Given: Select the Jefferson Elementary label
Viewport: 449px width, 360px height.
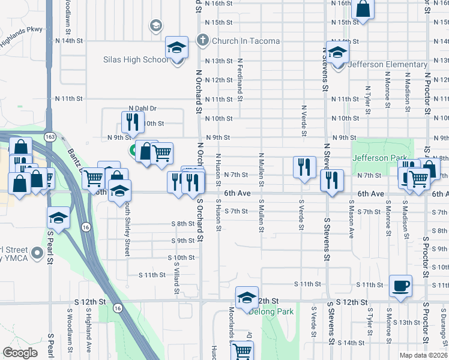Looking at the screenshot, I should click(387, 65).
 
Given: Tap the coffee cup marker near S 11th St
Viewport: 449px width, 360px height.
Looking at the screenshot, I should click(400, 285).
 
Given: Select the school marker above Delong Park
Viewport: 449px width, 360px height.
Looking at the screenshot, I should click(246, 298).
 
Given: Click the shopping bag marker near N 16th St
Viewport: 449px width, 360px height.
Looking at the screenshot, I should click(363, 9).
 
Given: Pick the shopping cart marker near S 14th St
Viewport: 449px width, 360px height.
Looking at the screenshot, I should click(242, 350).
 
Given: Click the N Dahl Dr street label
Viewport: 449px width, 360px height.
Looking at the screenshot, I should click(142, 109).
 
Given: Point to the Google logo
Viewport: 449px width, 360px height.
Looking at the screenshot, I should click(20, 353).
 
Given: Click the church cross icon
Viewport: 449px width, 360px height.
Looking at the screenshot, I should click(203, 41).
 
